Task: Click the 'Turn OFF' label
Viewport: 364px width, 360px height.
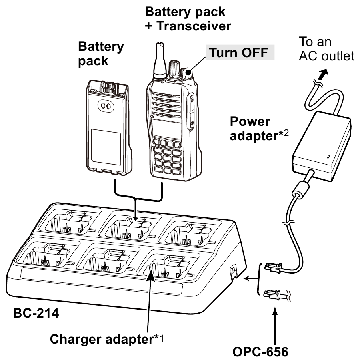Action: (239, 53)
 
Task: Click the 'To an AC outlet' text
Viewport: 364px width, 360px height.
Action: (326, 49)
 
